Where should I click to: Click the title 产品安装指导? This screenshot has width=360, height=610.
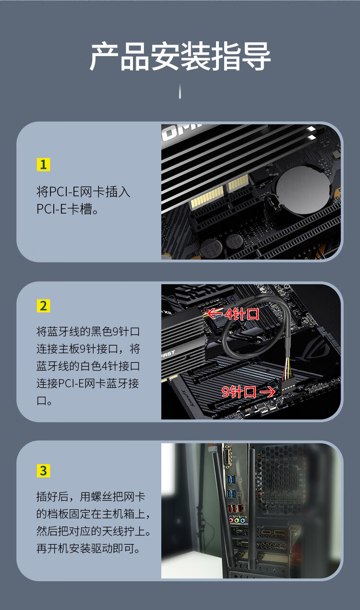[180, 57]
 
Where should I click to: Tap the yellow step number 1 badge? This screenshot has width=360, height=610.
[43, 165]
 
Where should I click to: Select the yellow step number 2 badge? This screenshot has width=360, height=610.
[43, 306]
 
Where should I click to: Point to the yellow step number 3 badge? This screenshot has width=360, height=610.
[43, 471]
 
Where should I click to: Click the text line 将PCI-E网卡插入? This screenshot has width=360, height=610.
[83, 192]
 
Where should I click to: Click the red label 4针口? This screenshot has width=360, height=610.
[242, 314]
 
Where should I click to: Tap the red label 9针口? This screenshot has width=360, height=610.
[239, 392]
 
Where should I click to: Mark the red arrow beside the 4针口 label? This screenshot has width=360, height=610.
[215, 314]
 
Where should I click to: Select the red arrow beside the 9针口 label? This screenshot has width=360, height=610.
[266, 392]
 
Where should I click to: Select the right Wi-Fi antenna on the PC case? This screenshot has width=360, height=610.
[251, 509]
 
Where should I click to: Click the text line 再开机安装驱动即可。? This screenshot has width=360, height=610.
[88, 548]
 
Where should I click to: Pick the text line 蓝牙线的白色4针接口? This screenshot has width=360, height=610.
[88, 366]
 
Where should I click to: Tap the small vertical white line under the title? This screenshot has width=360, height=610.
[180, 91]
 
